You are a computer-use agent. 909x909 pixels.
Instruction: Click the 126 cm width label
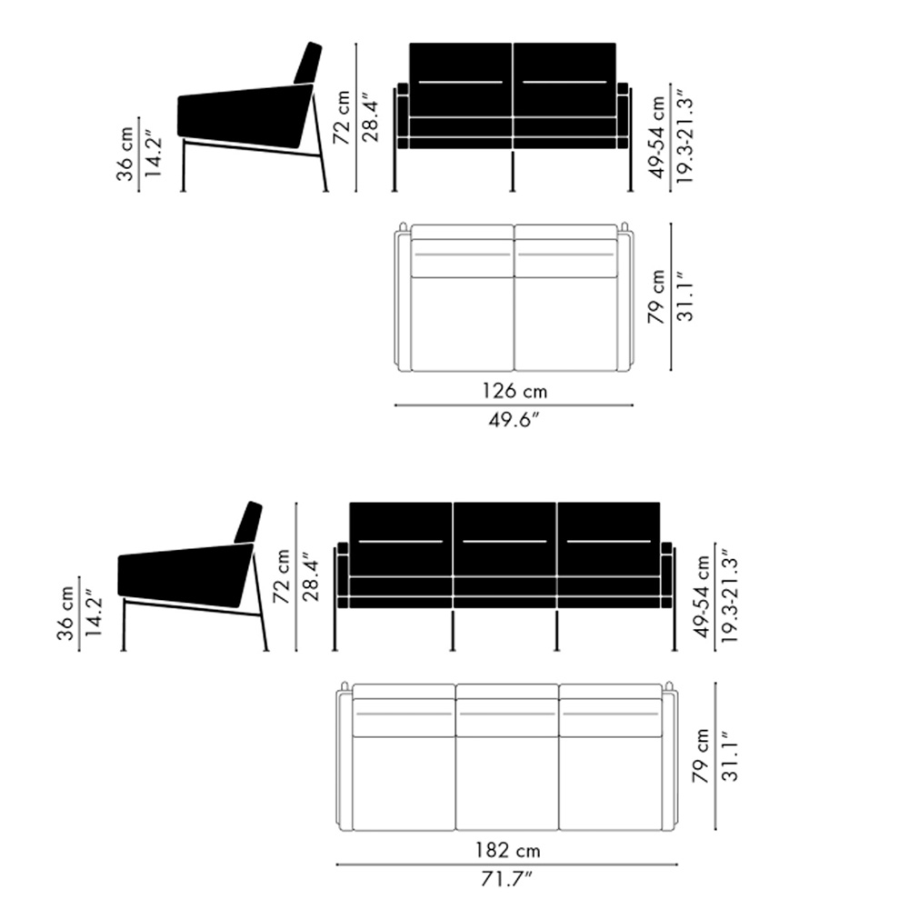point(514,391)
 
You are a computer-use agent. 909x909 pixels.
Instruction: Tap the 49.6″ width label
point(514,419)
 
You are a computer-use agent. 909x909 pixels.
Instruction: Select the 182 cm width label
point(508,850)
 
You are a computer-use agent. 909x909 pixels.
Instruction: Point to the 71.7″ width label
point(506,879)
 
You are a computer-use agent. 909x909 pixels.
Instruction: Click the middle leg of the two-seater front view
point(513,171)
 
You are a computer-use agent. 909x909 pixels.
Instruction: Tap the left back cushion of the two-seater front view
point(461,79)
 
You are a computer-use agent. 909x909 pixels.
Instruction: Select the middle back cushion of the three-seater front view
point(504,539)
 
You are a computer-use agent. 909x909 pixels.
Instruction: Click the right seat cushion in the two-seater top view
point(565,324)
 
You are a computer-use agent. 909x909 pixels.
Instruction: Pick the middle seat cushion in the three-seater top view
point(507,784)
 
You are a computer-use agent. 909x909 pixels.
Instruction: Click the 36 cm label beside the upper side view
point(125,155)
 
